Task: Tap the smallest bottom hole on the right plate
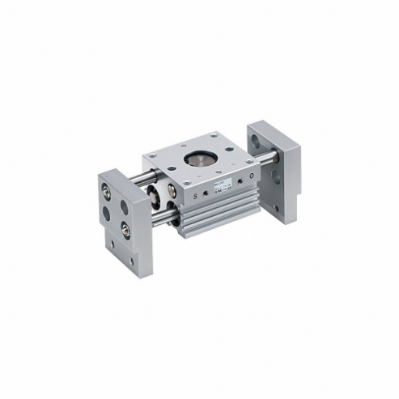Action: (x=276, y=207)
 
